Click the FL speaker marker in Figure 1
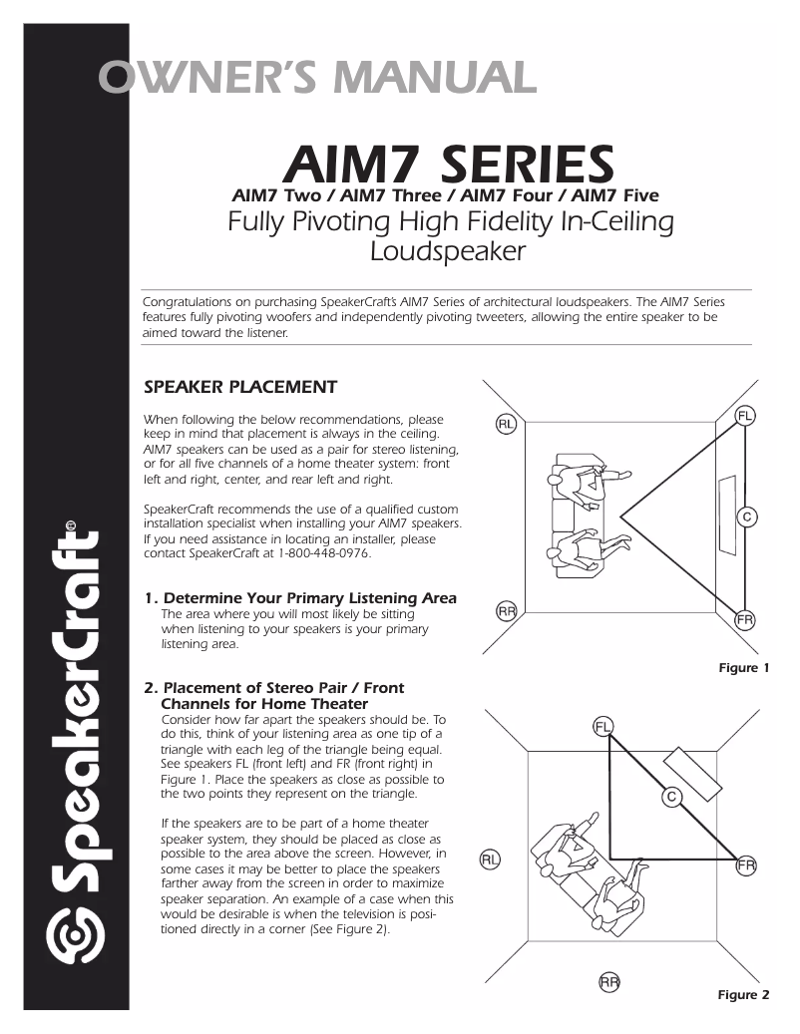click(745, 415)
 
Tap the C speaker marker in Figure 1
click(746, 517)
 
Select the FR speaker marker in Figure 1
click(745, 619)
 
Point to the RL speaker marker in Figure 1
click(506, 425)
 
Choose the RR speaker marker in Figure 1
click(506, 611)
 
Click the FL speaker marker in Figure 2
click(603, 725)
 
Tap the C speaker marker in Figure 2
click(672, 796)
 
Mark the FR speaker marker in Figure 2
click(745, 865)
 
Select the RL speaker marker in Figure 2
click(490, 859)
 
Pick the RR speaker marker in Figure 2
click(609, 982)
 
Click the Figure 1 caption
click(744, 668)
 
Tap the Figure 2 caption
click(744, 995)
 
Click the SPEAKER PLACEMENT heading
click(240, 387)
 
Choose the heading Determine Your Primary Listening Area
click(308, 598)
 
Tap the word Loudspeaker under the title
click(447, 251)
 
